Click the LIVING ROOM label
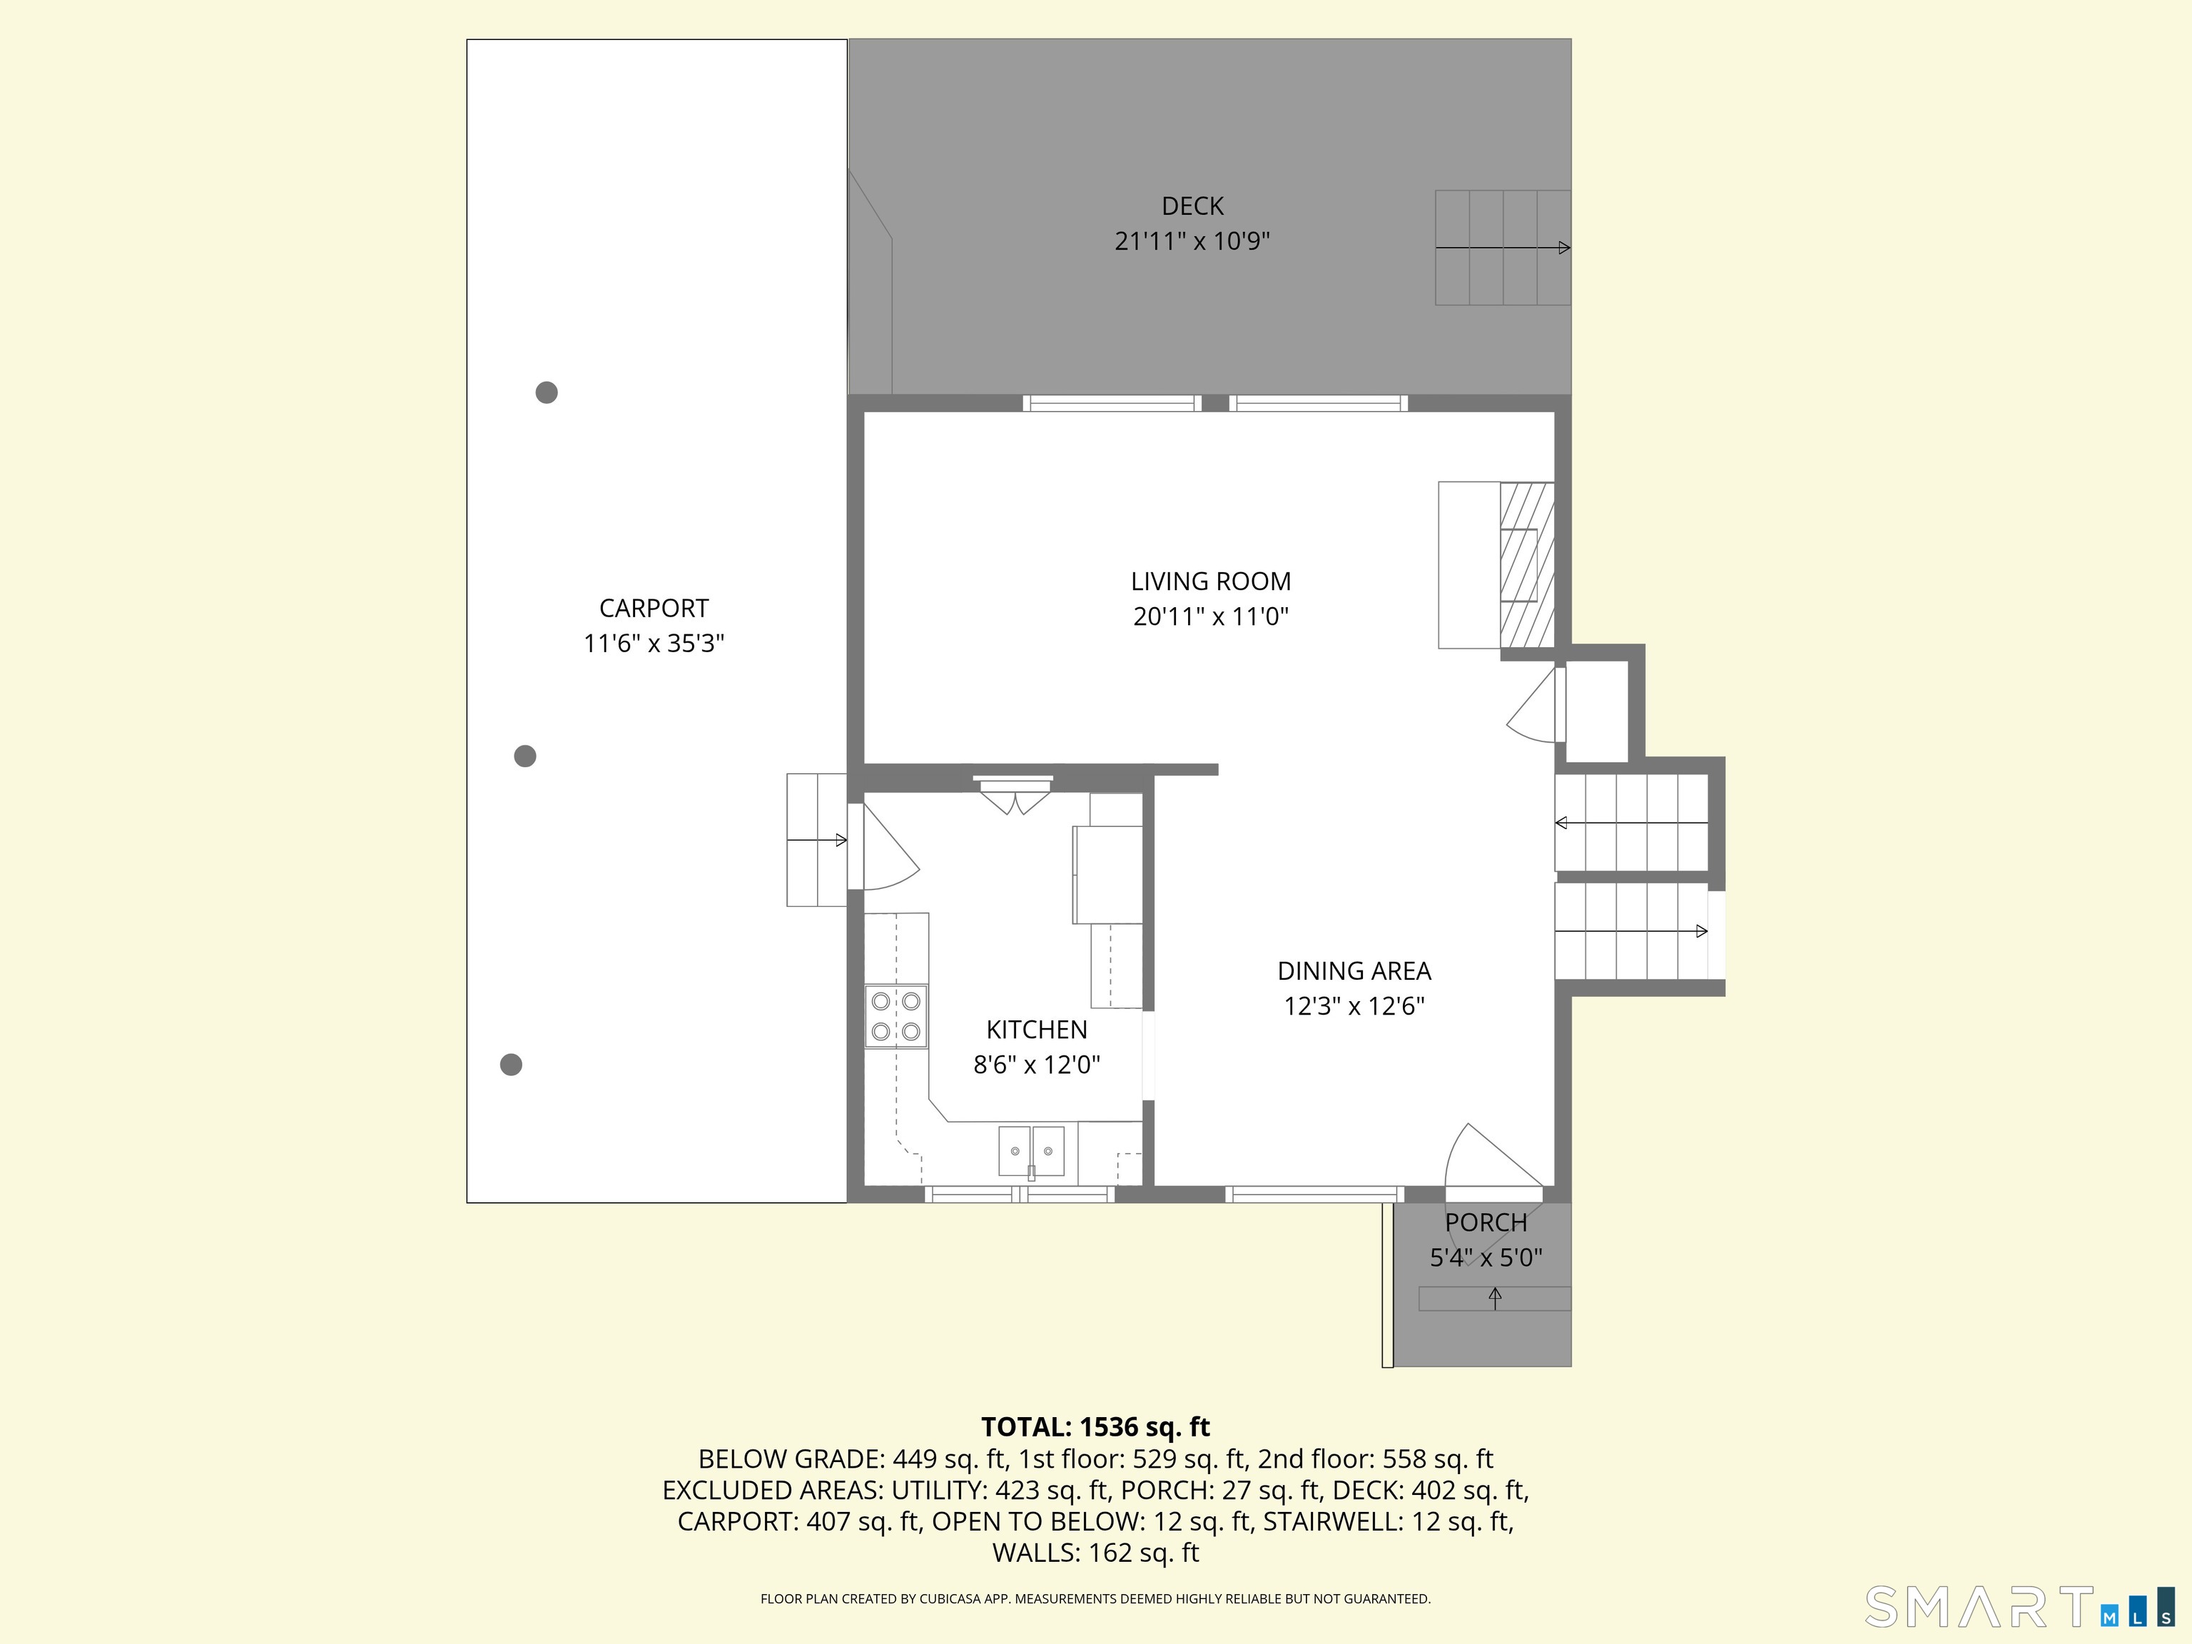tap(1210, 582)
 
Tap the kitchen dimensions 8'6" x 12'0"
tap(1037, 1065)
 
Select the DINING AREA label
tap(1354, 971)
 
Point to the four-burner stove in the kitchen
tap(895, 1016)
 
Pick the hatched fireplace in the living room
tap(1526, 565)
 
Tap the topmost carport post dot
tap(546, 392)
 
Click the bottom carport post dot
tap(512, 1065)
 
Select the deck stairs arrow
tap(1502, 247)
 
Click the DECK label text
tap(1192, 206)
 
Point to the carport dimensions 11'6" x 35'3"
tap(654, 643)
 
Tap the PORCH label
tap(1486, 1223)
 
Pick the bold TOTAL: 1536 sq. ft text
tap(1095, 1427)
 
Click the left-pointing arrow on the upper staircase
tap(1631, 823)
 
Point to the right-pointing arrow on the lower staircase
tap(1631, 930)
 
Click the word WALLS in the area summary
tap(1035, 1553)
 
